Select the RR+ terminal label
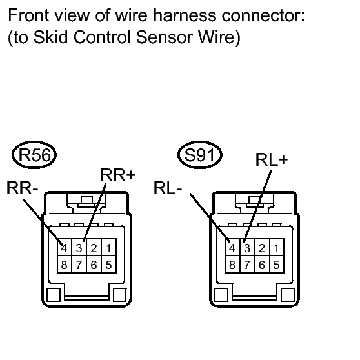[118, 175]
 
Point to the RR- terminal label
[23, 188]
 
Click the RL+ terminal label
[272, 159]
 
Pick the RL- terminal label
[168, 188]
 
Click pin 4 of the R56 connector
[65, 247]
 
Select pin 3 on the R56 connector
[79, 247]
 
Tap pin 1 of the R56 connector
[109, 247]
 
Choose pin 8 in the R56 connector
[65, 265]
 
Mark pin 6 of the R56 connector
[94, 265]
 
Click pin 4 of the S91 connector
[232, 247]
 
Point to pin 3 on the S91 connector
[247, 247]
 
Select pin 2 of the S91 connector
[262, 247]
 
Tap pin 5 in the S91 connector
[277, 265]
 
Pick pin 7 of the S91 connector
[247, 265]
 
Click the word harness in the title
[185, 15]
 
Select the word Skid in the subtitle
[51, 37]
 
